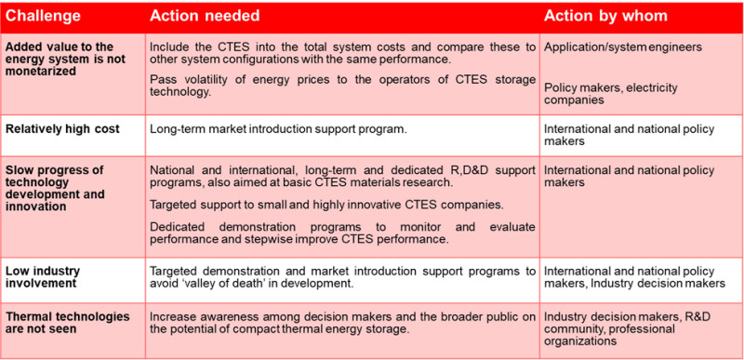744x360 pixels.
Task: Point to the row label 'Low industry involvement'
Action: [45, 277]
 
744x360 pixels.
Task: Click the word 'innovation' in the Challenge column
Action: [37, 207]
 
